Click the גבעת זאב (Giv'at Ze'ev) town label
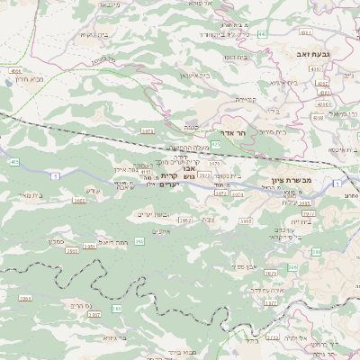pos(317,56)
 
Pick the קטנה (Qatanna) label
pos(192,127)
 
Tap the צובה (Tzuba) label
pos(209,219)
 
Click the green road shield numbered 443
pos(261,34)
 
